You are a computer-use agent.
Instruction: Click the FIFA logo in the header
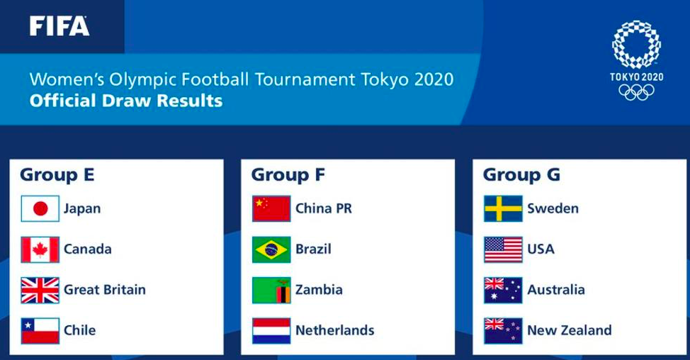point(60,26)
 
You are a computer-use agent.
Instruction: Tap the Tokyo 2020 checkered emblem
point(636,44)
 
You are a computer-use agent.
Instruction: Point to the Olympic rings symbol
point(636,92)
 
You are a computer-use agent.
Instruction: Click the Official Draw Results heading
point(126,101)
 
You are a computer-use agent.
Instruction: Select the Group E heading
point(57,174)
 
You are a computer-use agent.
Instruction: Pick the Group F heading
point(288,174)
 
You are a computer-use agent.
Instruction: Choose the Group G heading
point(521,174)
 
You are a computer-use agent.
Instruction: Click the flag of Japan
point(40,208)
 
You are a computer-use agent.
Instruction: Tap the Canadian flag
point(40,249)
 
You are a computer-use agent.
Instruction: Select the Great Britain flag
point(40,290)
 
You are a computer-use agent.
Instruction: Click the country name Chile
point(79,330)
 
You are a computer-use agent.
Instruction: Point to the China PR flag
point(271,208)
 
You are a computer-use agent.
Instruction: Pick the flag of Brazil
point(271,249)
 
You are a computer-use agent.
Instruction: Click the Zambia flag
point(271,290)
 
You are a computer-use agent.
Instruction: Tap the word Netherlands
point(335,330)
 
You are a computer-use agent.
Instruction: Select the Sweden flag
point(503,208)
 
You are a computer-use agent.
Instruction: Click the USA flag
point(503,249)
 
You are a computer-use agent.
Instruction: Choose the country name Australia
point(556,290)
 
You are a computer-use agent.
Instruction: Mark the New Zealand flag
point(503,330)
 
